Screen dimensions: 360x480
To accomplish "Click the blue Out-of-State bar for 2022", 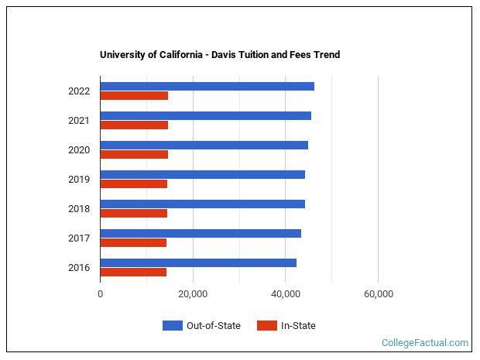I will coord(207,86).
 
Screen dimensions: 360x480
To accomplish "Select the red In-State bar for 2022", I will coord(134,96).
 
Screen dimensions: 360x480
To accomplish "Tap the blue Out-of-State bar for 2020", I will coord(204,145).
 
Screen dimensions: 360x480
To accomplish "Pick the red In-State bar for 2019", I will coord(133,184).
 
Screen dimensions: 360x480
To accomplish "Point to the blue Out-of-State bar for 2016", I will coord(198,262).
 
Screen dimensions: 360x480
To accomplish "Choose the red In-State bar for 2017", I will coord(133,243).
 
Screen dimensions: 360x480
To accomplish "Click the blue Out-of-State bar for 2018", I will coord(202,204).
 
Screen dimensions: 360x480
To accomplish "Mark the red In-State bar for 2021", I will coord(134,125).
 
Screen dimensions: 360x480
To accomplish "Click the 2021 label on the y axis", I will coord(79,121).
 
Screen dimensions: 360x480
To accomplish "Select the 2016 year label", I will coord(79,268).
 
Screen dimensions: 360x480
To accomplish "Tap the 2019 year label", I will coord(79,180).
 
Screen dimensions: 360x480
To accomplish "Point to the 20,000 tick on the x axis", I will coord(193,294).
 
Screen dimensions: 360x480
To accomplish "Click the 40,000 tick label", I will coord(286,294).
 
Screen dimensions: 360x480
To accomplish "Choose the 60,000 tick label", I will coord(378,294).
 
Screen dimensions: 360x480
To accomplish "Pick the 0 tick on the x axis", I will coord(101,294).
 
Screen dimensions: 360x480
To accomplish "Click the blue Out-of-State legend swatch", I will coord(172,326).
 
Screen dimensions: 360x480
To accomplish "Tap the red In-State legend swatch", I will coord(266,326).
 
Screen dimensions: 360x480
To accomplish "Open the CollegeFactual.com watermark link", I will coord(425,342).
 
